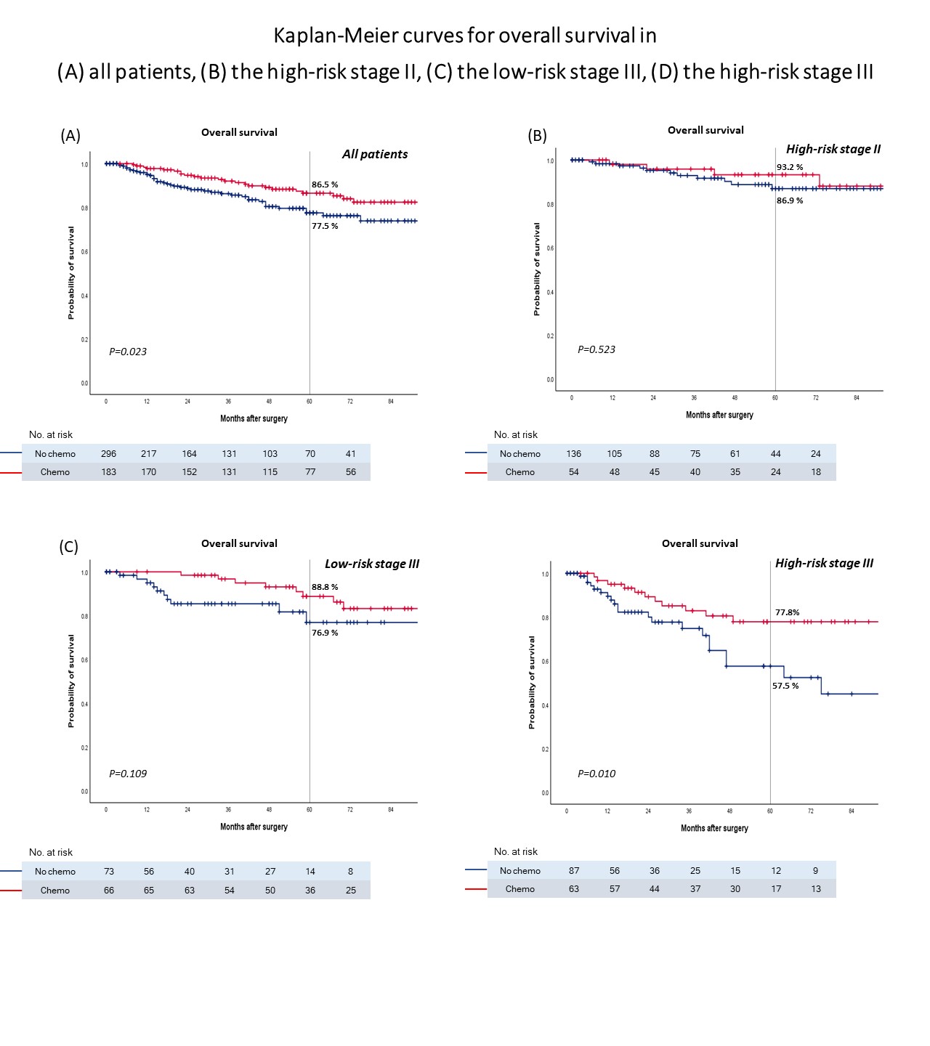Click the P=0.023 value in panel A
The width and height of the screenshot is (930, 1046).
128,352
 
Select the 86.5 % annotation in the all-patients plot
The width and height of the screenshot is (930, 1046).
325,185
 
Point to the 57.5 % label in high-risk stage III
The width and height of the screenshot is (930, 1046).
785,686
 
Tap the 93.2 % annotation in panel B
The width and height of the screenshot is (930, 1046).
790,167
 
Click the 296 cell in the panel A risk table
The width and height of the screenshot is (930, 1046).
109,454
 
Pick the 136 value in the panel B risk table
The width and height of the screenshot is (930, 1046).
574,454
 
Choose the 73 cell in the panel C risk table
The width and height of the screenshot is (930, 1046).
109,872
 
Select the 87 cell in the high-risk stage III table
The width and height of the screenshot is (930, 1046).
574,871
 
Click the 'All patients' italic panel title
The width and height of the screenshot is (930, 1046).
375,154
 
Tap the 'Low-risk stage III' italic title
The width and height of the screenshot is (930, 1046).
372,564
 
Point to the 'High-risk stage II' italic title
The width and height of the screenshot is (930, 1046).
833,149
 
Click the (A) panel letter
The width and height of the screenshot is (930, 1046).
70,136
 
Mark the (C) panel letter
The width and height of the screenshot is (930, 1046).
69,547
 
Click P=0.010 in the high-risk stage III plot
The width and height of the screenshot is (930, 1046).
597,774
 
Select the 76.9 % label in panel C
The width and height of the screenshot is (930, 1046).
325,633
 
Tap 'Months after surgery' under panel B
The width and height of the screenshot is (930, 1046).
719,415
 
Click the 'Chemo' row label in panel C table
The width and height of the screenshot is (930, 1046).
55,891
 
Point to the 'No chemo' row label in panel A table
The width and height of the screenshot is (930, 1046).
55,454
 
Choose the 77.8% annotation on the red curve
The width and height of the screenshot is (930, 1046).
788,612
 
